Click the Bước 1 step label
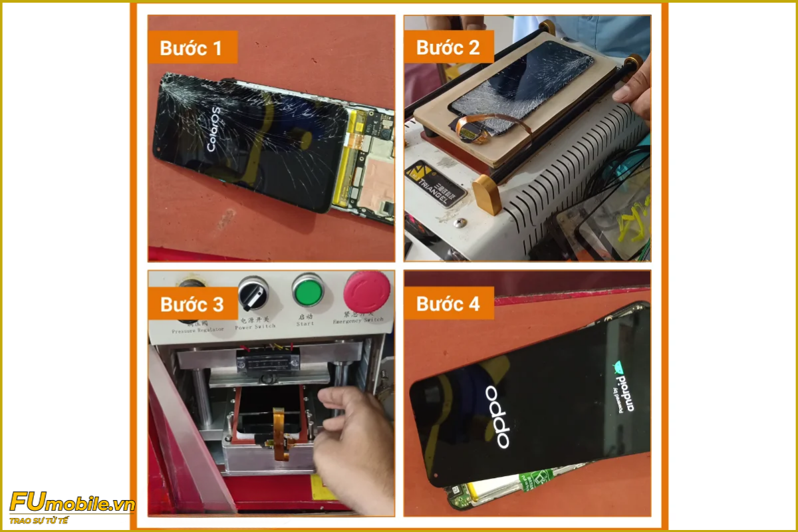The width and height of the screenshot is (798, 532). point(192,48)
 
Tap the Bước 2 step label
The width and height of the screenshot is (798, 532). point(448,48)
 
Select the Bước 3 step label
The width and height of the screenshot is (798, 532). point(192,305)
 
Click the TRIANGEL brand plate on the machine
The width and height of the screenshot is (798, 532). point(436,182)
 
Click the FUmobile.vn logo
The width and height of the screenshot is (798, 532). point(72,503)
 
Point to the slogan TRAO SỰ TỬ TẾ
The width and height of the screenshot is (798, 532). point(39,520)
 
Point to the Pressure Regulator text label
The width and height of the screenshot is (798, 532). point(193,329)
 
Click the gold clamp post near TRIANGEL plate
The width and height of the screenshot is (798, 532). point(487,193)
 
